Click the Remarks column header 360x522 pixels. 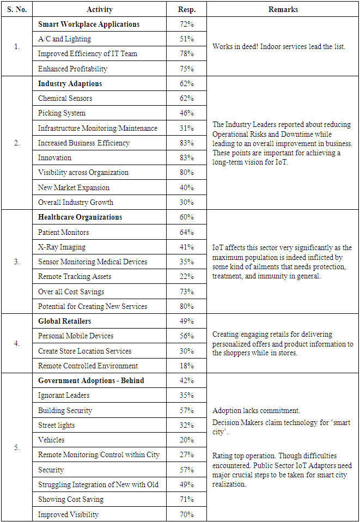point(283,9)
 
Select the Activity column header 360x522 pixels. point(100,9)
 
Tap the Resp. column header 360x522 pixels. point(187,9)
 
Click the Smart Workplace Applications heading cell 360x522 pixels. point(89,24)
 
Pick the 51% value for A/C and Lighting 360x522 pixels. point(187,39)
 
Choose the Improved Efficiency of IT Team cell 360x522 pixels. point(88,53)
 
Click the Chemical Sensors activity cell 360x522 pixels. point(65,98)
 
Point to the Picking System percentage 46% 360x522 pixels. point(187,113)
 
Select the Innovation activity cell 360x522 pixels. point(55,157)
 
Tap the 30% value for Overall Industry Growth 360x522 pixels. point(187,202)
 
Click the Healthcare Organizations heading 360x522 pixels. point(80,217)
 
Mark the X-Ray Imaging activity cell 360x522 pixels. point(62,247)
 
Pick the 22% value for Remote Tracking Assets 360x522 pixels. point(187,276)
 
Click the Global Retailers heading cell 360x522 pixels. point(65,321)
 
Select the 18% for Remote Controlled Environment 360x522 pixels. point(187,366)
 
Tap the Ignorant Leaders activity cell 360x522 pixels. point(64,395)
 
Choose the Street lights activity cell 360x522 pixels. point(57,425)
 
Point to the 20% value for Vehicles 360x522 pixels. point(187,440)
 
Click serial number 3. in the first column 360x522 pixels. point(17,262)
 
